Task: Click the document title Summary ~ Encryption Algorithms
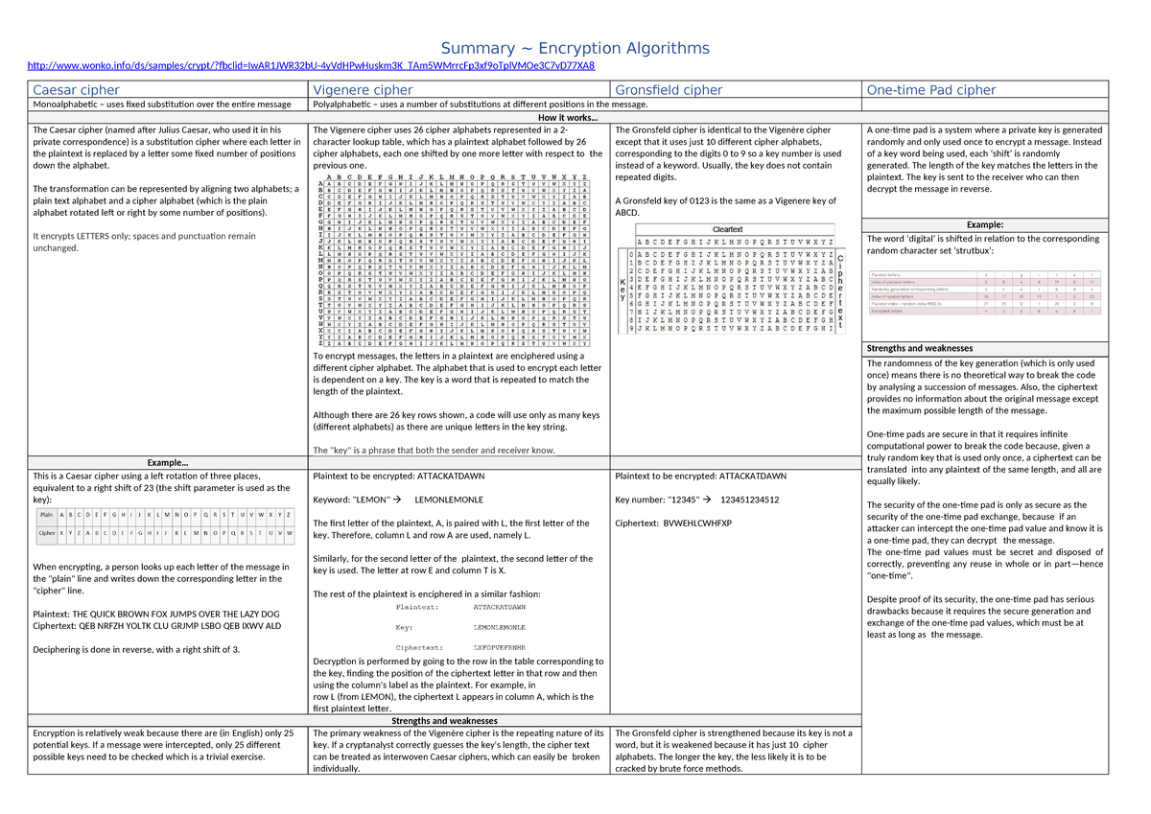tap(575, 48)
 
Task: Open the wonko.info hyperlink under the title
tap(312, 66)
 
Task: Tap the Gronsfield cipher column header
tap(669, 90)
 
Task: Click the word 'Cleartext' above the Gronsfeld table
tap(728, 229)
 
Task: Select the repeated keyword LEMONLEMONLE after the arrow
tap(449, 500)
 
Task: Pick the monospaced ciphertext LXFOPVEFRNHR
tap(500, 648)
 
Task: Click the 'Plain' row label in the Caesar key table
tap(45, 515)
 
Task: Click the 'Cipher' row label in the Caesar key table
tap(46, 532)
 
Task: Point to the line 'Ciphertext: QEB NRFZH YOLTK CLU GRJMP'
tap(157, 625)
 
